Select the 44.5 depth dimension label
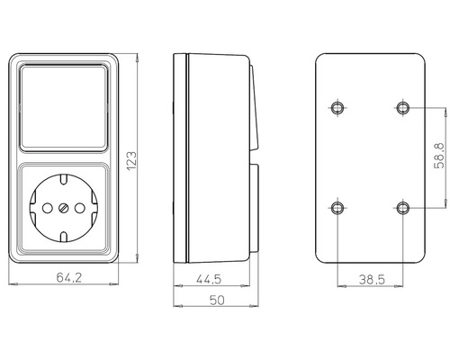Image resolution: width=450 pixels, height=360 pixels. coord(210,278)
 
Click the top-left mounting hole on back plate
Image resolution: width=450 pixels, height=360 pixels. coord(337,109)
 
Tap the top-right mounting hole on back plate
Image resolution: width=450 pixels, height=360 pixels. coord(401,109)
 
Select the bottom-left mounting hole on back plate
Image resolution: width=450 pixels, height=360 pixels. coord(337,208)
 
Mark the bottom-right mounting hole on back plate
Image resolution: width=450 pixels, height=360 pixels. coord(401,208)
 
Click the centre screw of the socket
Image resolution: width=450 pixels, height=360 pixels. coord(63,210)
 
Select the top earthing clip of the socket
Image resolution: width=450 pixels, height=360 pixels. coord(63,177)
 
